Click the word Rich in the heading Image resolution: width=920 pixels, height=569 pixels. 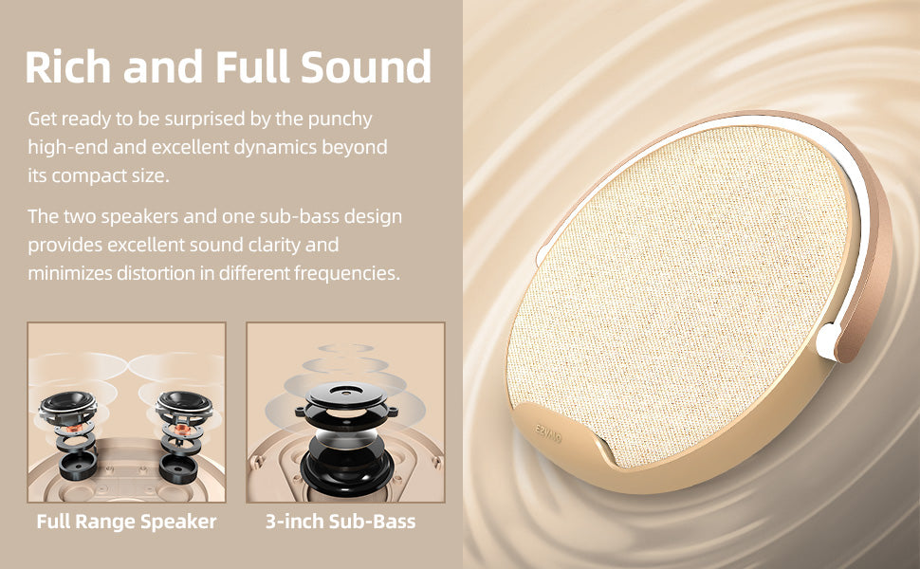click(68, 66)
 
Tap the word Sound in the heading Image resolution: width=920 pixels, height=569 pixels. click(366, 66)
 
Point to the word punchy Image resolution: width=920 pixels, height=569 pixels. click(340, 119)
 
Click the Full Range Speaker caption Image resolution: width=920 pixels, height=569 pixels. click(127, 522)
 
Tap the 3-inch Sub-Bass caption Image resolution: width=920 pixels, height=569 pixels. click(340, 522)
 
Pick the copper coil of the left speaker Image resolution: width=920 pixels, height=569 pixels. click(73, 429)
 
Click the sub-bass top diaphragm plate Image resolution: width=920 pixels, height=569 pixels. click(346, 395)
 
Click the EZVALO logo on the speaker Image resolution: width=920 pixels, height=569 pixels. click(548, 434)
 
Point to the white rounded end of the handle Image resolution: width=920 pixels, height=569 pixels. click(828, 340)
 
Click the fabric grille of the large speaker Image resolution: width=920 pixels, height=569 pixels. click(674, 293)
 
